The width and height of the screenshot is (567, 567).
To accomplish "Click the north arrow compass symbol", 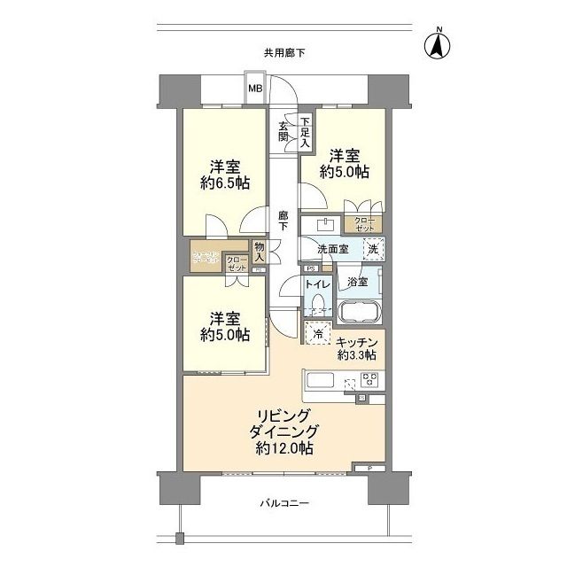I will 437,45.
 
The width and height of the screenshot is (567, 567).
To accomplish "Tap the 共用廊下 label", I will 283,53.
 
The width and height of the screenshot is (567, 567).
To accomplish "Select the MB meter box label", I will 254,88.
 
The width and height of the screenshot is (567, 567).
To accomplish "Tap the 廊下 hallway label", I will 283,220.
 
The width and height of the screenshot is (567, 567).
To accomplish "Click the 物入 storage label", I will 260,252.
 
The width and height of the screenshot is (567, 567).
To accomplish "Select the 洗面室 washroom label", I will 326,250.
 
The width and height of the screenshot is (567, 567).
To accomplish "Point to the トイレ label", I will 317,284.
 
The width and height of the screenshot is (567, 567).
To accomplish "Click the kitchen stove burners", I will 369,382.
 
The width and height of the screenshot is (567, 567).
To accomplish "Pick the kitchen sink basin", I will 319,382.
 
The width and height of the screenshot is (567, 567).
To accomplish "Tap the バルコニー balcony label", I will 283,504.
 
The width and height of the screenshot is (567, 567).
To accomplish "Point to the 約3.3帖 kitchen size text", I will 357,355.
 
